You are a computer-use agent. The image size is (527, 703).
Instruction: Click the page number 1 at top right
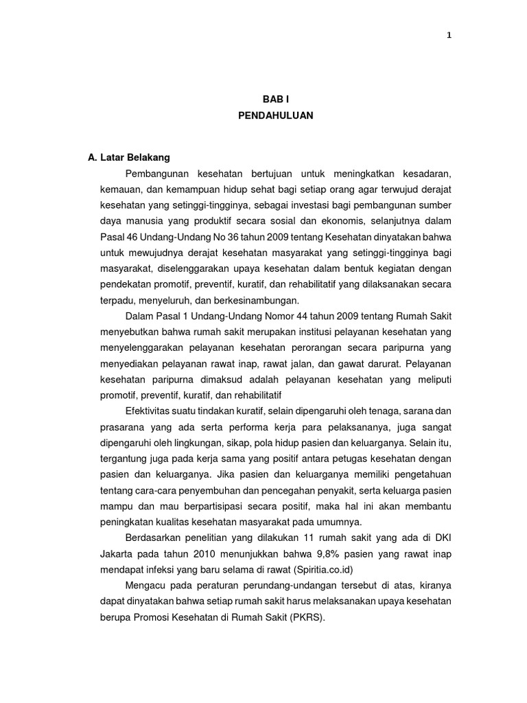pos(449,36)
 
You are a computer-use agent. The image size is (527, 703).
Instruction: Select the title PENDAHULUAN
pos(275,116)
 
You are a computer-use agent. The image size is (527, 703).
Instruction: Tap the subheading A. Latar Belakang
pos(129,158)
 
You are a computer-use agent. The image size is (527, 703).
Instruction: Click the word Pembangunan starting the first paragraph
pos(154,174)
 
